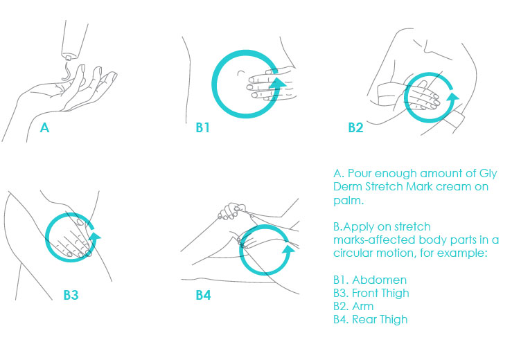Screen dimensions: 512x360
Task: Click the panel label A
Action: pyautogui.click(x=44, y=127)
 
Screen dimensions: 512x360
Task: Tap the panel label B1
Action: pyautogui.click(x=202, y=127)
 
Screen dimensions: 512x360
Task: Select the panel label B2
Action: pyautogui.click(x=355, y=127)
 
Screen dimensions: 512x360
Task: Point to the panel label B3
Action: pyautogui.click(x=71, y=295)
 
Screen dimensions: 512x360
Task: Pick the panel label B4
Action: pyautogui.click(x=203, y=295)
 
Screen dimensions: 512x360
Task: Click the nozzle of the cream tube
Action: pyautogui.click(x=68, y=57)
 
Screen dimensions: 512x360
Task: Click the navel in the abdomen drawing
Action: pyautogui.click(x=241, y=72)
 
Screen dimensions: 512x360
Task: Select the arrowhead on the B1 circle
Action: pyautogui.click(x=277, y=84)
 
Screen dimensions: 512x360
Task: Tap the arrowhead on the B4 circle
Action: pyautogui.click(x=288, y=251)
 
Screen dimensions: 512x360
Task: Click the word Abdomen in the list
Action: pyautogui.click(x=380, y=280)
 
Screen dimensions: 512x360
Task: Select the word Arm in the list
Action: pyautogui.click(x=363, y=307)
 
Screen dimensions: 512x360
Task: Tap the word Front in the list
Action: pyautogui.click(x=364, y=293)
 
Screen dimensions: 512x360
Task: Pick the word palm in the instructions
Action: pyautogui.click(x=347, y=200)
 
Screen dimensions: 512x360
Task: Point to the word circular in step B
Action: pyautogui.click(x=353, y=253)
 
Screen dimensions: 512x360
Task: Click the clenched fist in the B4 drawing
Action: pyautogui.click(x=232, y=211)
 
